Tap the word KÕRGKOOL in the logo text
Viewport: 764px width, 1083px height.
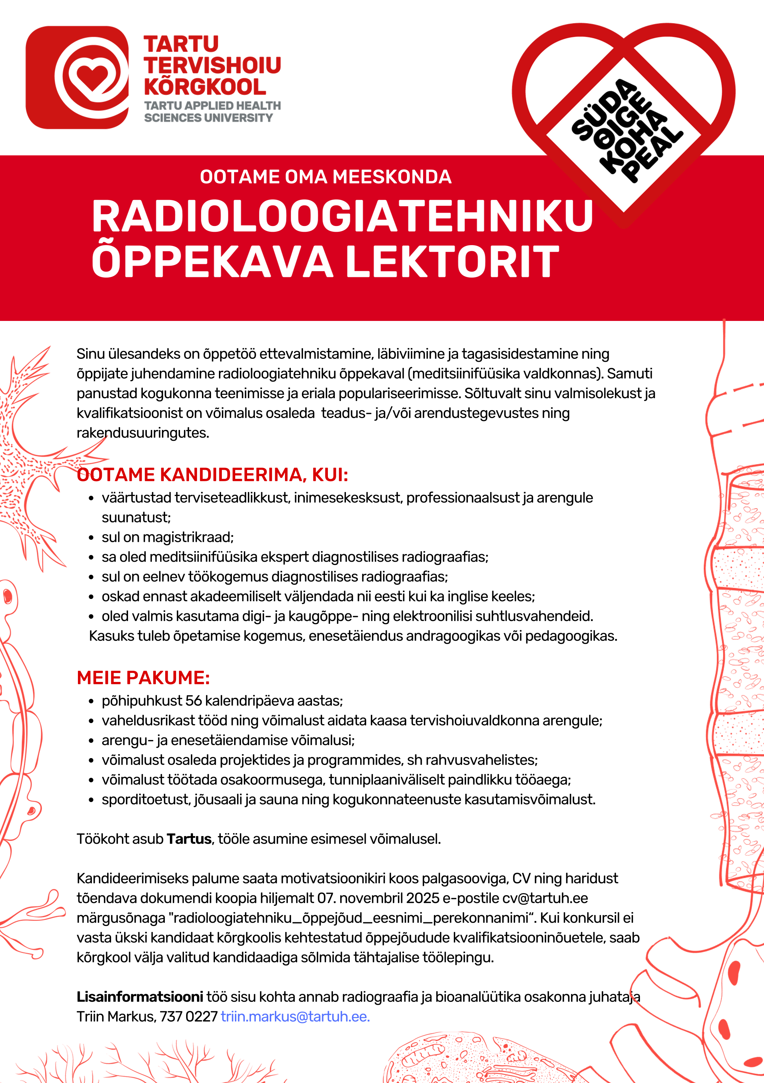[x=205, y=87]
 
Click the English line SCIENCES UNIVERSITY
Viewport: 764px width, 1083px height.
[x=208, y=118]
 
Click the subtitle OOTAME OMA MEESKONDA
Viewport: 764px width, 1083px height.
[x=325, y=177]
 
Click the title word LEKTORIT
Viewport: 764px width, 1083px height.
[x=452, y=261]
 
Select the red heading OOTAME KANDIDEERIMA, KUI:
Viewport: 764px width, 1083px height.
[x=212, y=474]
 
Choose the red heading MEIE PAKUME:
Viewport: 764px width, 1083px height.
[x=143, y=678]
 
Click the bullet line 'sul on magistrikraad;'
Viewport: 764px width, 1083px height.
[x=167, y=537]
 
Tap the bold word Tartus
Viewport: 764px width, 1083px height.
[x=189, y=839]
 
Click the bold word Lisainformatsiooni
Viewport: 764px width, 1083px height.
[x=140, y=997]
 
